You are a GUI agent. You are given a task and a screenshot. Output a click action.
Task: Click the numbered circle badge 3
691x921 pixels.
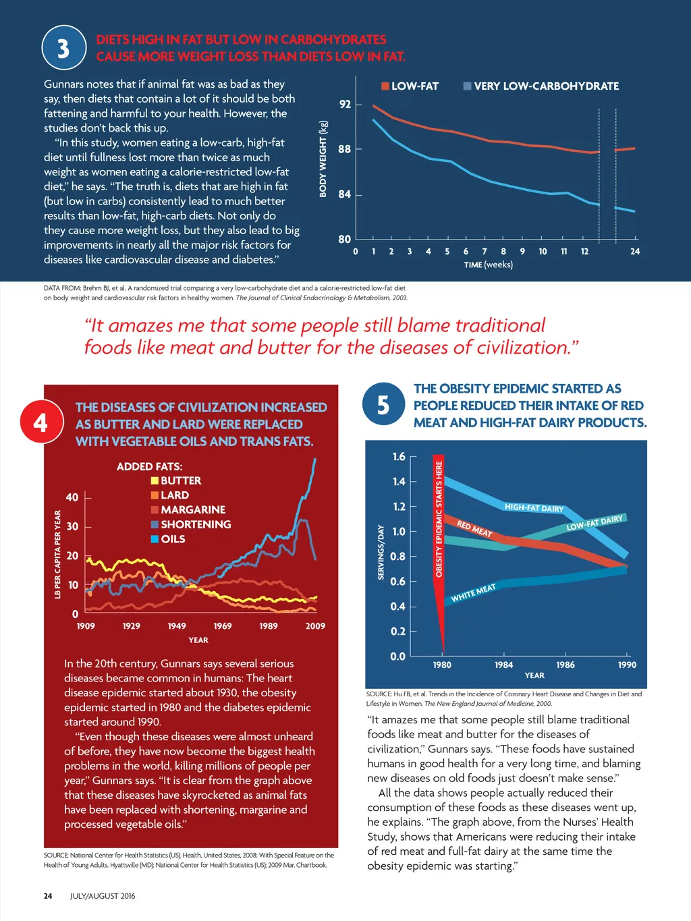point(63,48)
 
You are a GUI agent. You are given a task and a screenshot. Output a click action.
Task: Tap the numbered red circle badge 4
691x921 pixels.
point(40,422)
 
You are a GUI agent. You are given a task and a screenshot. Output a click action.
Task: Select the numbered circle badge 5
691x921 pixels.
point(383,404)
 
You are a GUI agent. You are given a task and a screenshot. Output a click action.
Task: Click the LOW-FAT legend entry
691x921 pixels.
point(410,86)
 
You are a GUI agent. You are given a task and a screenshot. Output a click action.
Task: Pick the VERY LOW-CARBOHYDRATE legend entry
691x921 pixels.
point(541,86)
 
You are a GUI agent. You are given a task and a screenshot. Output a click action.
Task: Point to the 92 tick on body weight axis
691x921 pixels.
point(345,105)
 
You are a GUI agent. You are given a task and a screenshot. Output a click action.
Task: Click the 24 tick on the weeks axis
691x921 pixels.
point(634,252)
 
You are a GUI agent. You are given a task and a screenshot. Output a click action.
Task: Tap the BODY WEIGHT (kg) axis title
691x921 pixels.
point(323,159)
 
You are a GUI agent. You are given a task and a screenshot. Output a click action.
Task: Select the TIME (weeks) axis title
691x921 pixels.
point(488,264)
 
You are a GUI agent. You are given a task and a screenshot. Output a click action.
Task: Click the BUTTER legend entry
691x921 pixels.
point(176,480)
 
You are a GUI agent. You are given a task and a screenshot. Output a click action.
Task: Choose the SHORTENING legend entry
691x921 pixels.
point(191,524)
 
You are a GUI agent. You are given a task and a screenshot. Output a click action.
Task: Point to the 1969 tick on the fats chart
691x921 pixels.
point(223,626)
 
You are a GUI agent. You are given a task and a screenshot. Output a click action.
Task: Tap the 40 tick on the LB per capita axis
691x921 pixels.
point(72,497)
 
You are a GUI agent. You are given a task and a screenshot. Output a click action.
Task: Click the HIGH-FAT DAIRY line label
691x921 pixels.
point(534,508)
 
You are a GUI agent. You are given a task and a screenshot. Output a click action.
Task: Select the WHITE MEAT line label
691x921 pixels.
point(473,592)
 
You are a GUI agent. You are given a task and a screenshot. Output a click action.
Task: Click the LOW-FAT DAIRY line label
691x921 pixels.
point(595,522)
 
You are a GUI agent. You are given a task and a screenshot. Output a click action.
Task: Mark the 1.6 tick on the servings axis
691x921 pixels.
point(399,457)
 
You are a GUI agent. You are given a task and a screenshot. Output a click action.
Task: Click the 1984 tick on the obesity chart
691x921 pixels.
point(503,665)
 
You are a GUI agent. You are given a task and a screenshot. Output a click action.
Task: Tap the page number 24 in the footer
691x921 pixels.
point(48,896)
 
